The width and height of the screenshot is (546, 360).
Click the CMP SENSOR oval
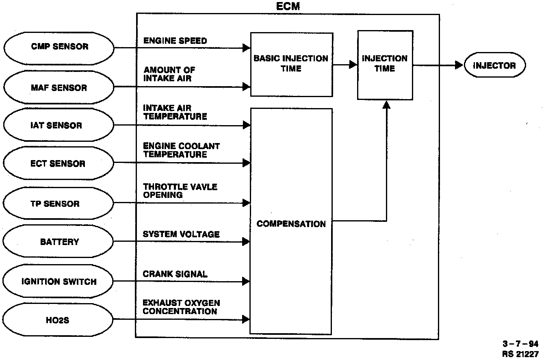click(59, 47)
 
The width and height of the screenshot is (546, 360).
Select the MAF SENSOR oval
click(59, 88)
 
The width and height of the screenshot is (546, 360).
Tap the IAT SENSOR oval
click(59, 126)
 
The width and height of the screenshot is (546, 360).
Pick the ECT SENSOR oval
click(59, 164)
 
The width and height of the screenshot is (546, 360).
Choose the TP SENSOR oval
click(59, 204)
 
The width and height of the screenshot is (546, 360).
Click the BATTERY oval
click(59, 242)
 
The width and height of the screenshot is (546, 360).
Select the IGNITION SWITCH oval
click(59, 281)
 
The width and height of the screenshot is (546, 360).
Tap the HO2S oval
click(59, 320)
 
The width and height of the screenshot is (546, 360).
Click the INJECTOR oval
click(494, 65)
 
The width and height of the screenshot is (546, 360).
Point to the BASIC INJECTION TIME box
click(291, 64)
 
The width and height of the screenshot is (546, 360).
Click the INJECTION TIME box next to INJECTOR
click(385, 64)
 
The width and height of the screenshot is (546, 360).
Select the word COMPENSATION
click(291, 224)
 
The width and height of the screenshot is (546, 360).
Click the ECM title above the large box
click(288, 7)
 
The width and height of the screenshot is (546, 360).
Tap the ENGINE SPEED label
click(175, 41)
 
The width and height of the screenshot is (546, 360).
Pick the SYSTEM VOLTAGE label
click(181, 234)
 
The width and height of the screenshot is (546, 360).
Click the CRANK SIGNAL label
click(175, 274)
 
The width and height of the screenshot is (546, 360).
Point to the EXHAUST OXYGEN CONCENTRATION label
click(181, 307)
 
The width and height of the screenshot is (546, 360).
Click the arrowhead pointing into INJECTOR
click(459, 65)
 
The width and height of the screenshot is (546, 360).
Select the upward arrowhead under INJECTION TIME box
click(386, 105)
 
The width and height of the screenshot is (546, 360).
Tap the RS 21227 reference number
click(520, 353)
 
